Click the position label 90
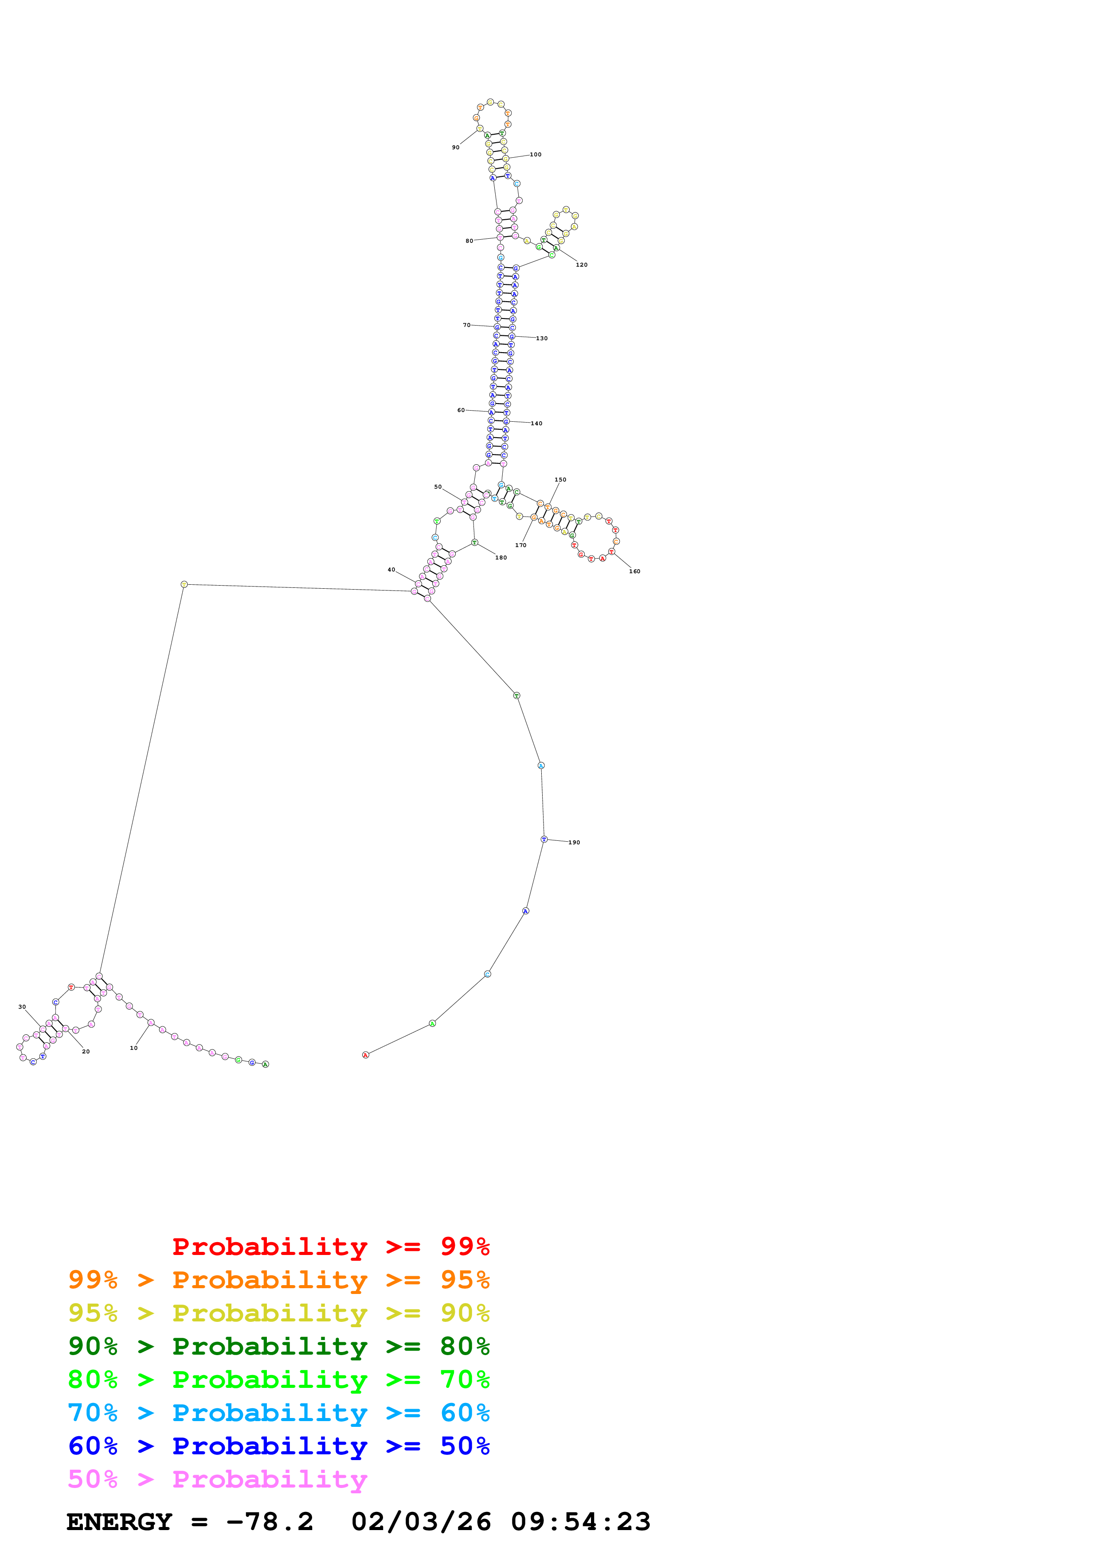[456, 148]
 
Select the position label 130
[542, 338]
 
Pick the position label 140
[536, 423]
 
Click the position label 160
[634, 572]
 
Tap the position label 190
[574, 843]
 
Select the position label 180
[501, 558]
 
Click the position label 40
[391, 570]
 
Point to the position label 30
[22, 1007]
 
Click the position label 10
[133, 1049]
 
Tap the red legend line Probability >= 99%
[330, 1247]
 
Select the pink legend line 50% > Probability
[217, 1480]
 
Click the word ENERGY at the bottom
[119, 1522]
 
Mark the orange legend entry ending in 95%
[278, 1280]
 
